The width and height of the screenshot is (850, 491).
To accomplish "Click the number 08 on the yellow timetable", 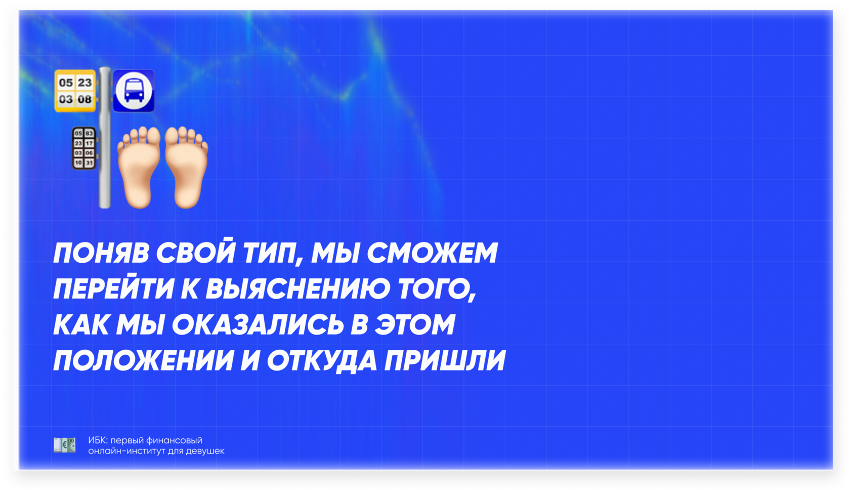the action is tap(84, 100).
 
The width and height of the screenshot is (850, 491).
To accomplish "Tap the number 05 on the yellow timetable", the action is tap(66, 83).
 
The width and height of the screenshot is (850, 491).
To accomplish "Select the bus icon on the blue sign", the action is tap(134, 91).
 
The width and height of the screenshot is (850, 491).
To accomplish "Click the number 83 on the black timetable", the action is tap(89, 133).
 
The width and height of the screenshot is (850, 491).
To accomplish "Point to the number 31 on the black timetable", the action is tap(89, 163).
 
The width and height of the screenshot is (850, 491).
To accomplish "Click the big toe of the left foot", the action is tap(154, 136).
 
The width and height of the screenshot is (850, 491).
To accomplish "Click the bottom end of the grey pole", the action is tap(105, 207).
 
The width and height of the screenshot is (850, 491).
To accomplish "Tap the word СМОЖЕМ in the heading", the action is tap(432, 253).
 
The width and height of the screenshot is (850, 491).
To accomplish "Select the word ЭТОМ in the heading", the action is tap(415, 324).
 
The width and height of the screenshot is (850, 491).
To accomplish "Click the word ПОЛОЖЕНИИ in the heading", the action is tap(144, 360).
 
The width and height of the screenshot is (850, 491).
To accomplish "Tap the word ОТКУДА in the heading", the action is tap(322, 361).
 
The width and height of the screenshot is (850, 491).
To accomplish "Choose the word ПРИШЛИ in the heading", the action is tap(445, 360).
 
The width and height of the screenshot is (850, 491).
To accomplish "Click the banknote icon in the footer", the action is tap(65, 445).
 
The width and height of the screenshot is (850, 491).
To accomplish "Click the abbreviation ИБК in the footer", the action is tap(97, 440).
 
